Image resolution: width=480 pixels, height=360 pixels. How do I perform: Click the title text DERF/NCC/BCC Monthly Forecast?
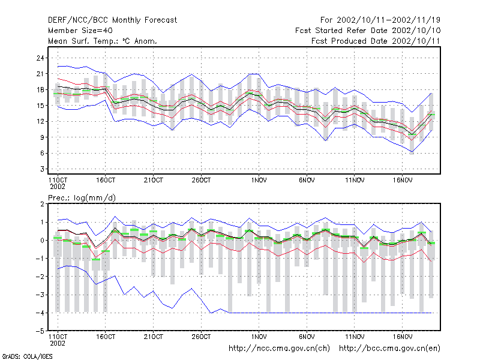pyautogui.click(x=112, y=20)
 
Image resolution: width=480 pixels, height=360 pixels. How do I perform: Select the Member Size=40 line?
pyautogui.click(x=80, y=31)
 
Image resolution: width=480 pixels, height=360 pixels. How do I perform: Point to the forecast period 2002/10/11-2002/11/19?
pyautogui.click(x=388, y=20)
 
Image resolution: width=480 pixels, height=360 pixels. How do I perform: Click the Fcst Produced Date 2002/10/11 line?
pyautogui.click(x=376, y=41)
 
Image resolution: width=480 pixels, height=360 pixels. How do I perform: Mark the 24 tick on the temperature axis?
pyautogui.click(x=40, y=58)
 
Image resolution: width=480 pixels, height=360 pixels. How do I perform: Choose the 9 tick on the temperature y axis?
pyautogui.click(x=42, y=137)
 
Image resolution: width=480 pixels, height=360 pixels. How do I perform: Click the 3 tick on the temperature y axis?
pyautogui.click(x=42, y=169)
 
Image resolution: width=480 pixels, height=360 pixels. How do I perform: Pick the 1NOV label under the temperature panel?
pyautogui.click(x=259, y=181)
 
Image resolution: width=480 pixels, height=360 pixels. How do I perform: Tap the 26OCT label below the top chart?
pyautogui.click(x=201, y=181)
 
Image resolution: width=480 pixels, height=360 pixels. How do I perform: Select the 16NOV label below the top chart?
pyautogui.click(x=402, y=181)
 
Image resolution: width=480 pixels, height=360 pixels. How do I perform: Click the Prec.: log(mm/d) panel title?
pyautogui.click(x=82, y=198)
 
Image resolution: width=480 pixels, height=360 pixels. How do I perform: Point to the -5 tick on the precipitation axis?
pyautogui.click(x=40, y=331)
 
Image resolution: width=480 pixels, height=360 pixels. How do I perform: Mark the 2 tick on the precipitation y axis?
pyautogui.click(x=42, y=204)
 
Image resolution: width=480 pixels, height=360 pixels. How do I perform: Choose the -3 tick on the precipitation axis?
pyautogui.click(x=40, y=295)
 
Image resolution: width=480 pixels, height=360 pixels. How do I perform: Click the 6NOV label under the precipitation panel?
pyautogui.click(x=307, y=337)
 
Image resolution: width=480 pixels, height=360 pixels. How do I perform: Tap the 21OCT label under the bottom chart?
pyautogui.click(x=154, y=337)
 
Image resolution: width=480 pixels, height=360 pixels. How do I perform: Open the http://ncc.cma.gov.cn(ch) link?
pyautogui.click(x=279, y=349)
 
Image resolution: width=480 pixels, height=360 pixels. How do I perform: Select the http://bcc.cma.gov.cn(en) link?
pyautogui.click(x=389, y=349)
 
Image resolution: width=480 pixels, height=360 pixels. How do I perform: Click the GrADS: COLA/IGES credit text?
pyautogui.click(x=27, y=356)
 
